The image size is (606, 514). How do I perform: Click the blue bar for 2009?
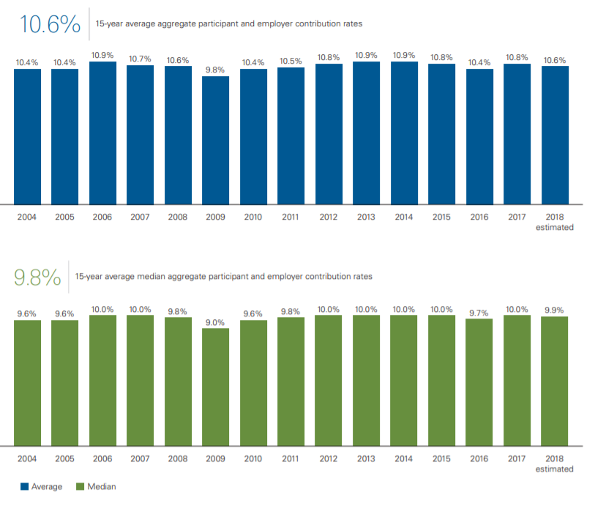point(215,139)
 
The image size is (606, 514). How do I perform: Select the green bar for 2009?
point(215,386)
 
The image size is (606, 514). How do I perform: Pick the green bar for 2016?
point(479,381)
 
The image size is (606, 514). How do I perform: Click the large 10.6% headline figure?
point(50,24)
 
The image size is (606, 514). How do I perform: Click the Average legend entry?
point(42,486)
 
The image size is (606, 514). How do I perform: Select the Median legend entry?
point(96,486)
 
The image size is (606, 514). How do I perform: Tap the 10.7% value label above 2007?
point(140,59)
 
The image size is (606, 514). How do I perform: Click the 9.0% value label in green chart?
point(215,322)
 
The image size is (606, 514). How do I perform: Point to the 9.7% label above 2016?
point(479,313)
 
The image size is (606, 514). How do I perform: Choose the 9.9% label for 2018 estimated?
point(554,310)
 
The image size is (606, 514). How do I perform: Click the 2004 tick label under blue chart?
point(27,217)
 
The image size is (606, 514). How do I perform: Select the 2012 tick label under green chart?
point(329,458)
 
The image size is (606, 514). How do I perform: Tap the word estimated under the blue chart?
point(554,227)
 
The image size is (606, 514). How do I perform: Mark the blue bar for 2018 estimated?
point(554,135)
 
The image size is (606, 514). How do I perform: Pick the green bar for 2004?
point(27,382)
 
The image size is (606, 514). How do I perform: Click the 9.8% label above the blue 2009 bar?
point(215,70)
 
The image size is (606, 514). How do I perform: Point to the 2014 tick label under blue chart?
point(404,217)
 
